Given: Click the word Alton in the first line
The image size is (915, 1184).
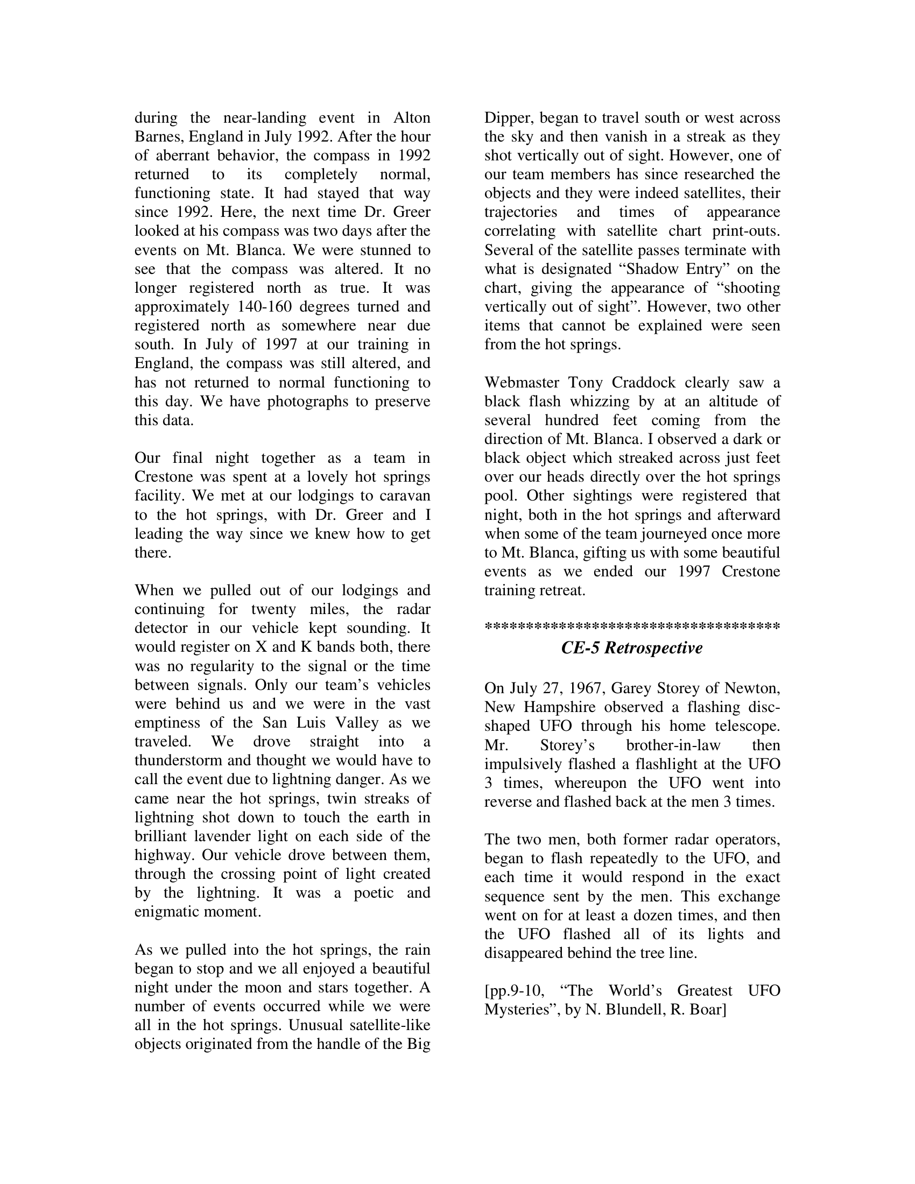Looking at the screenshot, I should (x=412, y=118).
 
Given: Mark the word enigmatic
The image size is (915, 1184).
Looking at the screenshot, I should (x=166, y=912).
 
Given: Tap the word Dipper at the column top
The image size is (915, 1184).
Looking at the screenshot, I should (x=507, y=118).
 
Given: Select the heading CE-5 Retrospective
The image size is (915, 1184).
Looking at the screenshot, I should (x=632, y=648).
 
